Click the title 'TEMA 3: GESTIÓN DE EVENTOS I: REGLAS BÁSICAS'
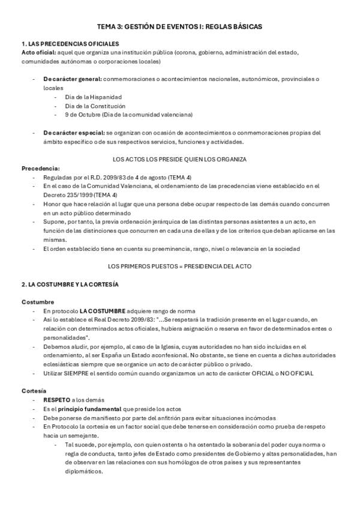(x=180, y=27)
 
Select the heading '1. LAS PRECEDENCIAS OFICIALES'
(x=70, y=44)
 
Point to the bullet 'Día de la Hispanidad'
(x=94, y=97)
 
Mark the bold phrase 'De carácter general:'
(x=71, y=79)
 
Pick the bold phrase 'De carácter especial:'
(x=73, y=133)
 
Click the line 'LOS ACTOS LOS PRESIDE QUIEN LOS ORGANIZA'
(x=180, y=159)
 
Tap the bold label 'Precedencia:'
(x=41, y=169)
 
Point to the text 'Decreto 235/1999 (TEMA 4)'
(x=80, y=195)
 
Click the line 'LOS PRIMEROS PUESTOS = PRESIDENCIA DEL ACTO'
(x=180, y=266)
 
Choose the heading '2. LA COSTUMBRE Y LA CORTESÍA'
(x=70, y=284)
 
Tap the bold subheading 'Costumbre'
(x=38, y=302)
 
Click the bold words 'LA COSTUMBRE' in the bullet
(x=103, y=311)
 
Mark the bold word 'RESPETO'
(x=56, y=399)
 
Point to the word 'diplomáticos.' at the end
(x=83, y=471)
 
